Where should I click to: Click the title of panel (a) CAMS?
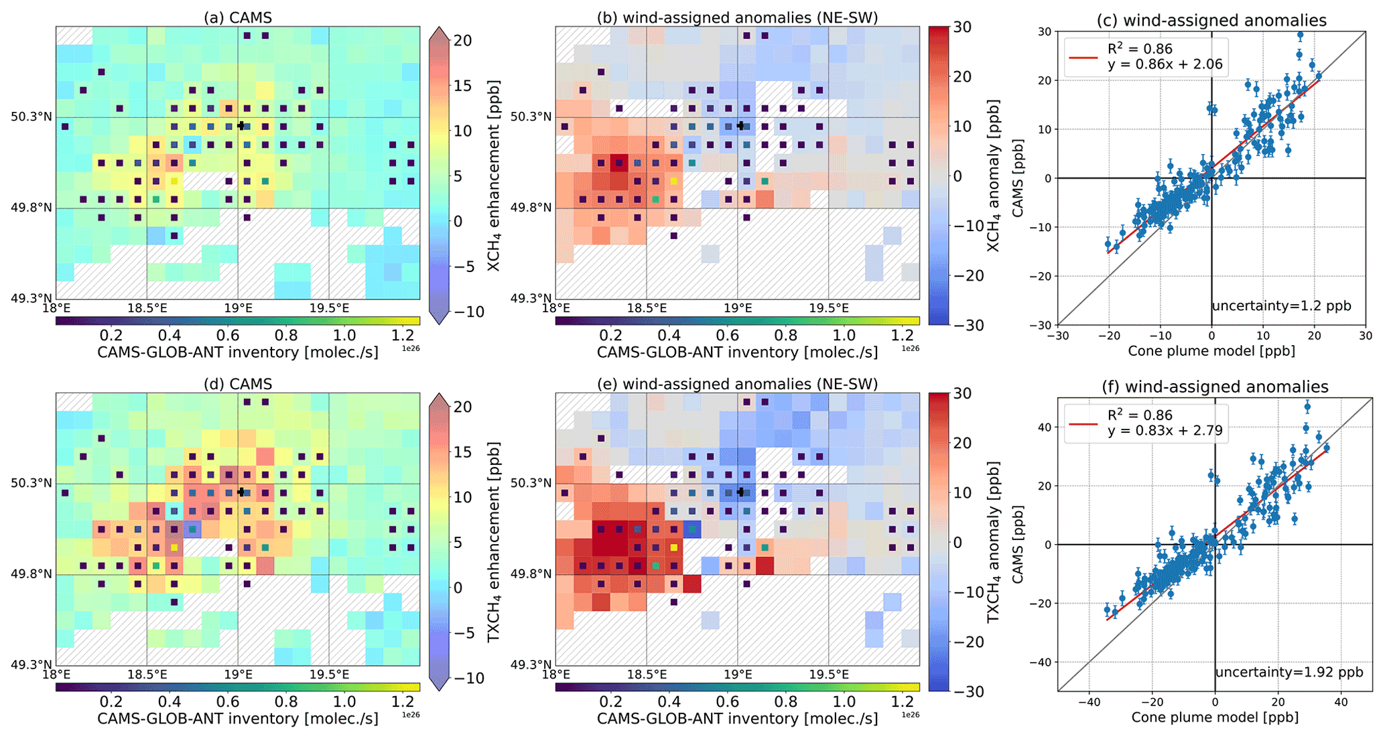[x=238, y=18]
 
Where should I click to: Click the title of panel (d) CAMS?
[x=238, y=385]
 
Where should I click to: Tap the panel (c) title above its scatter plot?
[x=1211, y=21]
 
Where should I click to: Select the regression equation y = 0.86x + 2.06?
[x=1165, y=65]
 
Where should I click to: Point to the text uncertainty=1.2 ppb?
[x=1281, y=306]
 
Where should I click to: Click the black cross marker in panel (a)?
[x=241, y=125]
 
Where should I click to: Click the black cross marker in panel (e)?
[x=740, y=492]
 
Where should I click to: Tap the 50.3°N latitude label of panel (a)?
[x=31, y=117]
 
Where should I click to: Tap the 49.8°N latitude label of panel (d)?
[x=31, y=574]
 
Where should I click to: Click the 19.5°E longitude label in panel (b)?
[x=829, y=308]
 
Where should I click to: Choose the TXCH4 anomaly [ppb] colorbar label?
[x=993, y=541]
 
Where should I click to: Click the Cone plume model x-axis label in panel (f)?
[x=1215, y=718]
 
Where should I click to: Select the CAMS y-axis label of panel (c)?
[x=1018, y=178]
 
